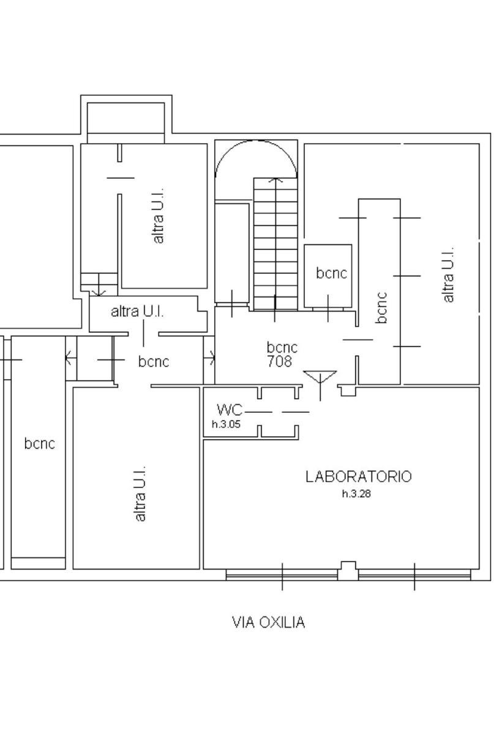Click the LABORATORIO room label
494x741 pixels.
coord(359,476)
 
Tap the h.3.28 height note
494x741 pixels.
coord(356,494)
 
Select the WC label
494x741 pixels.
coord(230,410)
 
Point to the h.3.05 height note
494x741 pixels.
coord(226,424)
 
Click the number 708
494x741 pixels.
coord(279,361)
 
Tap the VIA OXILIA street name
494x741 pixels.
coord(268,622)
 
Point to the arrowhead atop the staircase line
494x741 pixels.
coord(275,180)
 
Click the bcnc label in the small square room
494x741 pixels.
coord(332,273)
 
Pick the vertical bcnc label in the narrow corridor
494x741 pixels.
coord(381,307)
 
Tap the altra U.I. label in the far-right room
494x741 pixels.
coord(448,274)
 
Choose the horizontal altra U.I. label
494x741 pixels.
coord(137,312)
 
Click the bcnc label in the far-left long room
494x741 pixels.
coord(39,443)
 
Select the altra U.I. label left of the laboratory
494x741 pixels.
coord(140,494)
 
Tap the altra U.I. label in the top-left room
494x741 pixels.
coord(159,216)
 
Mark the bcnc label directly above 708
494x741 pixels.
coord(282,347)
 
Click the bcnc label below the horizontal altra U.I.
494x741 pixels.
coord(154,361)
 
